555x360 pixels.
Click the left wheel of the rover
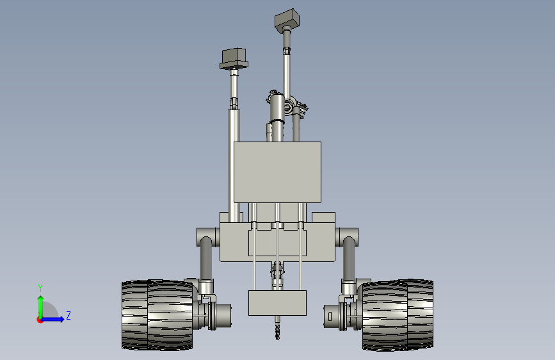tap(157, 315)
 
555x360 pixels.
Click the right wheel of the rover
tap(398, 315)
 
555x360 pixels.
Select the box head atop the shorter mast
tap(234, 59)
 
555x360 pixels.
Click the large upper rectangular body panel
tap(278, 172)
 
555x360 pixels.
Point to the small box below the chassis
tap(278, 303)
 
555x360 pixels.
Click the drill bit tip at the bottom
tap(278, 336)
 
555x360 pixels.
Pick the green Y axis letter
tap(40, 288)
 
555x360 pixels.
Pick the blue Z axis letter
tap(68, 315)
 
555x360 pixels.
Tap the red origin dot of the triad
tap(40, 320)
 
